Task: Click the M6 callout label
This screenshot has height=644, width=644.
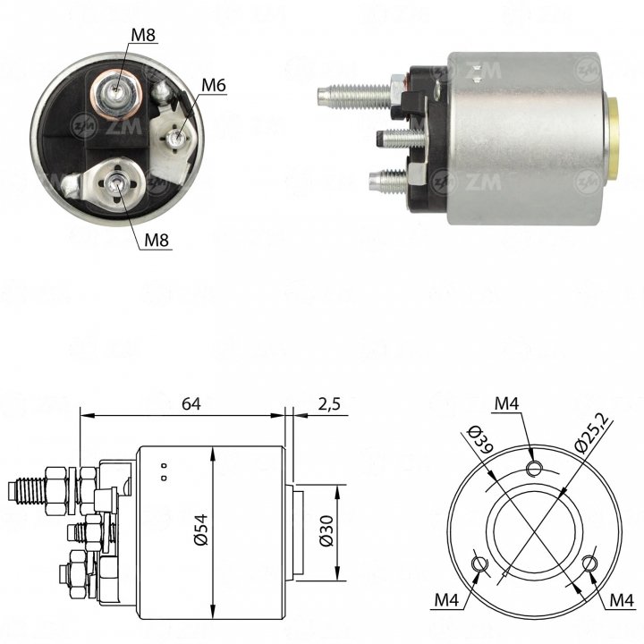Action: [x=214, y=86]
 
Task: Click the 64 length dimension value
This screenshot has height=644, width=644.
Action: [x=191, y=404]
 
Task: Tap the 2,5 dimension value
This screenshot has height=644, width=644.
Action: [x=329, y=404]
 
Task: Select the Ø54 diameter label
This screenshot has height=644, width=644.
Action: [x=201, y=530]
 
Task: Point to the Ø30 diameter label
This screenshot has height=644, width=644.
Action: [x=326, y=531]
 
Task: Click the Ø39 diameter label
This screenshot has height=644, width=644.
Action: [x=481, y=439]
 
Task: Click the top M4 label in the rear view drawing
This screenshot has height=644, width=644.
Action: [x=506, y=403]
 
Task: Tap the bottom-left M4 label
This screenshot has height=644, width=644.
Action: [x=446, y=600]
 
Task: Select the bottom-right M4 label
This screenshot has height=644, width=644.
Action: [x=622, y=600]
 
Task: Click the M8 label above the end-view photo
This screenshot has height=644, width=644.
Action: [x=143, y=35]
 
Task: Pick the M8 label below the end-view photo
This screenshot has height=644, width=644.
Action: [x=157, y=240]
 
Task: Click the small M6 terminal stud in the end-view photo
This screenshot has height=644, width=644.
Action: [x=177, y=137]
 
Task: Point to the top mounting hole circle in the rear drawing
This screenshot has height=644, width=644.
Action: [x=535, y=468]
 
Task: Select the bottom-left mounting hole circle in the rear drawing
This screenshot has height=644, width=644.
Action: [x=479, y=563]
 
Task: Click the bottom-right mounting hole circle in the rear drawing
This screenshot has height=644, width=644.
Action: [x=590, y=563]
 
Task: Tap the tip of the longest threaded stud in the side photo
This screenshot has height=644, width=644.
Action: [x=318, y=95]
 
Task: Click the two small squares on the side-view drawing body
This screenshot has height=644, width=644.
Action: [x=164, y=472]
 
